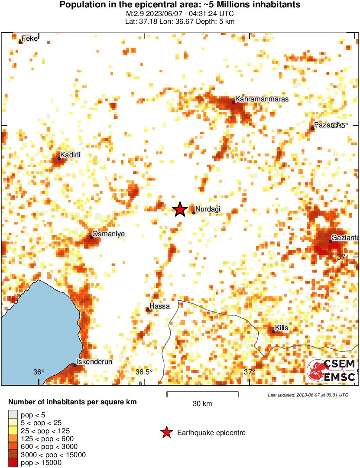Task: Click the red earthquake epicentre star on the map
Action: tap(180, 210)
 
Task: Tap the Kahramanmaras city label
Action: tap(261, 99)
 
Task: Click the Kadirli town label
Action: tap(71, 155)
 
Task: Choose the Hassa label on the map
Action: tap(159, 306)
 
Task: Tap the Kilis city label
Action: tap(282, 328)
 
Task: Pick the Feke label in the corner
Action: tap(30, 39)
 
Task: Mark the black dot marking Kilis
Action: tap(273, 332)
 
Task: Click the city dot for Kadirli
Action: tap(59, 158)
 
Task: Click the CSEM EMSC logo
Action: tap(331, 370)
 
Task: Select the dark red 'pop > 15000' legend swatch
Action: tap(13, 463)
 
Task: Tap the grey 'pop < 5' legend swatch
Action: tap(13, 414)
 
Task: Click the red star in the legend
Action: tap(166, 432)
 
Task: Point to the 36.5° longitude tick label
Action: tap(144, 372)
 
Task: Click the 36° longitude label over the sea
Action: tap(39, 372)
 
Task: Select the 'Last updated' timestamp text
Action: tap(308, 395)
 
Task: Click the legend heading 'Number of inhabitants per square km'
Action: tap(72, 402)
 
